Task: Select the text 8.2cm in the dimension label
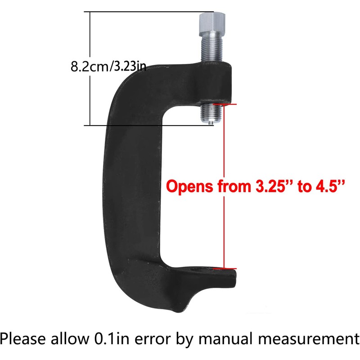point(88,67)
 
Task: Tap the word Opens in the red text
point(185,186)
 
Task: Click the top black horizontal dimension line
point(144,12)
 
